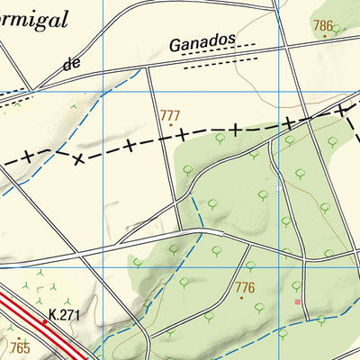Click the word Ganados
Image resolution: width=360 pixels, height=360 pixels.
click(x=202, y=41)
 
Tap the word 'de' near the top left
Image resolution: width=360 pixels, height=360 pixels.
click(x=74, y=64)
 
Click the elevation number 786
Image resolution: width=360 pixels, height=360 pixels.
click(x=323, y=26)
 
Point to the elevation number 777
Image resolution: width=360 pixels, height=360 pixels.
click(x=169, y=115)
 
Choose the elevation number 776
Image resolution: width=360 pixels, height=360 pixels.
click(x=244, y=287)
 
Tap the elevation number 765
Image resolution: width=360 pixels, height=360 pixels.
click(x=20, y=346)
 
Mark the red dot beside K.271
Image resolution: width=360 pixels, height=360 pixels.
click(x=43, y=320)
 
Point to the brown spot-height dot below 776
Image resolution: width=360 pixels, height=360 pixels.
click(x=241, y=297)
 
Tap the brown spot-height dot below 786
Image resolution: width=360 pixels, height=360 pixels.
click(x=324, y=36)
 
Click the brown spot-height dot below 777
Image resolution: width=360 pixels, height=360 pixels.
click(x=168, y=125)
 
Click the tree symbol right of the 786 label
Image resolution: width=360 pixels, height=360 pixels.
click(x=337, y=29)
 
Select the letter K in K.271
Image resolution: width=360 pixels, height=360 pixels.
click(x=52, y=315)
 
